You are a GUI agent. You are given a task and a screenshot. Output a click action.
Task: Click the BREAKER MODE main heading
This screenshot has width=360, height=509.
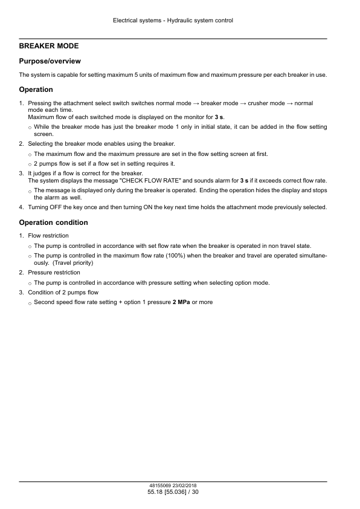click(49, 46)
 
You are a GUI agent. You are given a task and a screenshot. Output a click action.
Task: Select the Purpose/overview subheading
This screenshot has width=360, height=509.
click(50, 61)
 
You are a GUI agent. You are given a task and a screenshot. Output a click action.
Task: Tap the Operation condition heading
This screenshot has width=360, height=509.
click(53, 222)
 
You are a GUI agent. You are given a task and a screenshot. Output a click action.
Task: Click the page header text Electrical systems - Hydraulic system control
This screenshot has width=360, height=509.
click(173, 21)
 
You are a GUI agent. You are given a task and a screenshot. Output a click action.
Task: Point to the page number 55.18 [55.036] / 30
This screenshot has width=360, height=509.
click(173, 493)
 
